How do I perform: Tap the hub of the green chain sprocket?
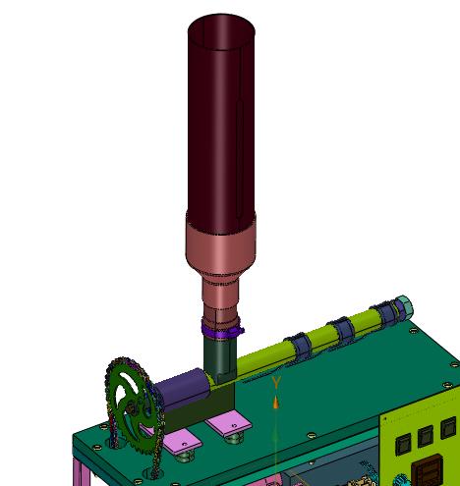pyautogui.click(x=132, y=407)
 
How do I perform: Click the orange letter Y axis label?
pyautogui.click(x=276, y=383)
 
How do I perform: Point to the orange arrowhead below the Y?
pyautogui.click(x=276, y=403)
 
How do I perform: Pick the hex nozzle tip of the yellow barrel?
pyautogui.click(x=404, y=304)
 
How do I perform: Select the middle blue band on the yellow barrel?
pyautogui.click(x=341, y=331)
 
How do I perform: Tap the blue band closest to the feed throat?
pyautogui.click(x=299, y=347)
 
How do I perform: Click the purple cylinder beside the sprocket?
pyautogui.click(x=183, y=387)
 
